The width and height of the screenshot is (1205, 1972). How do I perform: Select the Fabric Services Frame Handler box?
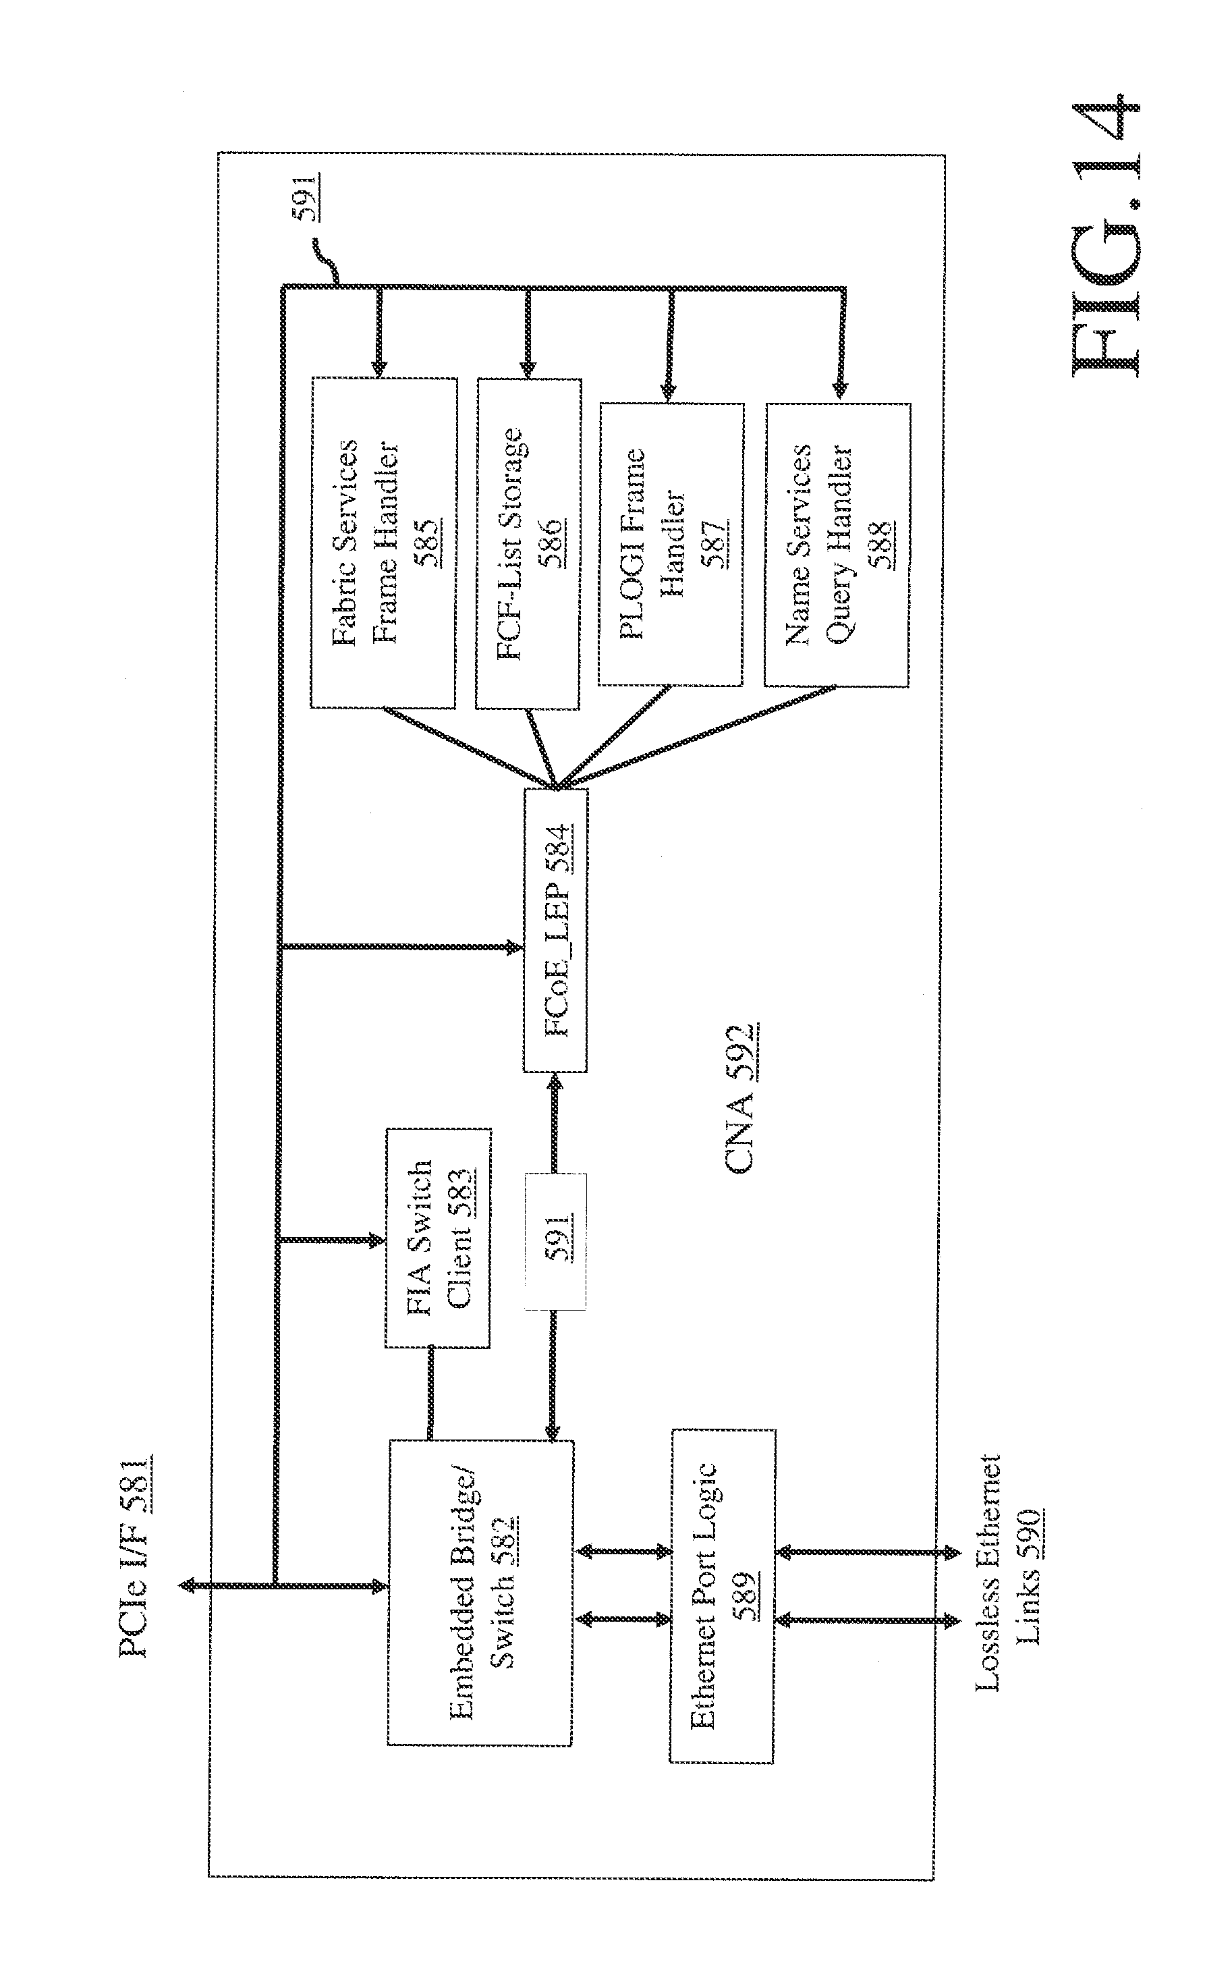(383, 543)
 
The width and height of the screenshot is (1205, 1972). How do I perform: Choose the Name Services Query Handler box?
(837, 544)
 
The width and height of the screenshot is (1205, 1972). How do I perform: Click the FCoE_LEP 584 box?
(556, 930)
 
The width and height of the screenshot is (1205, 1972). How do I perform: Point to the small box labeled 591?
(556, 1241)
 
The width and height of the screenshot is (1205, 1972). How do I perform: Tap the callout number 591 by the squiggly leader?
(305, 196)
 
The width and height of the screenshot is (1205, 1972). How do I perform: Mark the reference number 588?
(881, 544)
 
